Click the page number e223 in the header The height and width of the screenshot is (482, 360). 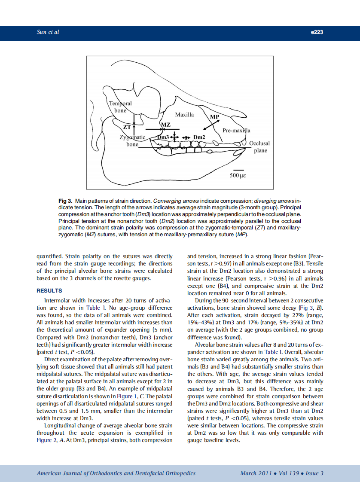(316, 32)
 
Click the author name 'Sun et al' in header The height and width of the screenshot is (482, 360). (48, 32)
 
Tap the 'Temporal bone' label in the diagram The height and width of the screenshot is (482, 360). (120, 107)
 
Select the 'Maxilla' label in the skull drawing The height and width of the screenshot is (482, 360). (184, 115)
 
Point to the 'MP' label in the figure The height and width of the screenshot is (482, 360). (214, 117)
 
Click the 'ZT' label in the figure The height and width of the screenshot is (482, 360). (127, 127)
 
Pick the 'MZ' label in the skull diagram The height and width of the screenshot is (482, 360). (165, 125)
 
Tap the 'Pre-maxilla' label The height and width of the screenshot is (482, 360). (236, 130)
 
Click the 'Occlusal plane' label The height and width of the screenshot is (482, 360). (259, 147)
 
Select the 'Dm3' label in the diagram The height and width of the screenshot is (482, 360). (163, 137)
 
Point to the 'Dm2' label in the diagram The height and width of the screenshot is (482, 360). (199, 137)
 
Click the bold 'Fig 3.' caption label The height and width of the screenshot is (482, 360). (65, 201)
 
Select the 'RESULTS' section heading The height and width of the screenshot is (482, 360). (49, 291)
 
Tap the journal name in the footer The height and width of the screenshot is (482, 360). (116, 473)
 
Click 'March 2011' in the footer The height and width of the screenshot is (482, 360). (256, 473)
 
